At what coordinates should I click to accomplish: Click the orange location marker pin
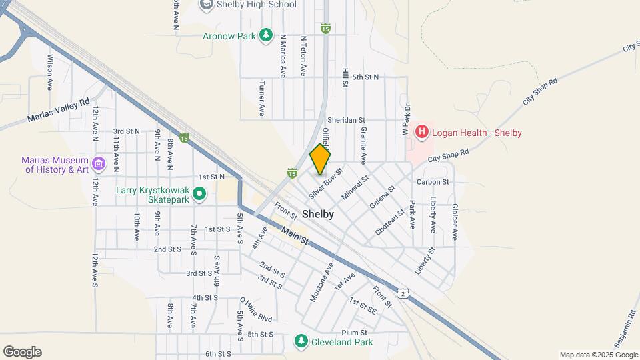tap(320, 159)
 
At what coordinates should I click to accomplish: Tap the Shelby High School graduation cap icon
tap(206, 5)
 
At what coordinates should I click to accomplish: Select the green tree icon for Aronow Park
tap(267, 35)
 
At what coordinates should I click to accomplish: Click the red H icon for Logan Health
tap(421, 132)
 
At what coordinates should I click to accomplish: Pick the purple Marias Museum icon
tap(99, 163)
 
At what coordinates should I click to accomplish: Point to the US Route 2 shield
tap(403, 293)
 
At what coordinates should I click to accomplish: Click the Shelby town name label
tap(317, 215)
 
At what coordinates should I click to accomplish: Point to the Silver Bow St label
tap(326, 183)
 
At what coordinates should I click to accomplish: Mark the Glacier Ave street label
tap(455, 221)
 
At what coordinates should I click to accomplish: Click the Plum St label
tap(354, 333)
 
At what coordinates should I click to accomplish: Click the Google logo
tap(22, 351)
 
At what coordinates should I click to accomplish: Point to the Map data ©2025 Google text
tap(598, 355)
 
